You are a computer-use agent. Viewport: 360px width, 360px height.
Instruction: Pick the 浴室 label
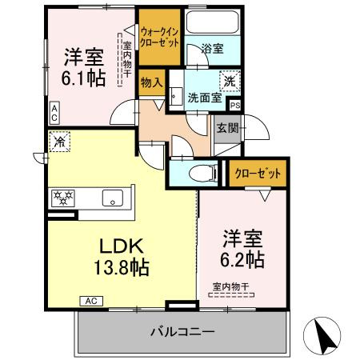(212, 49)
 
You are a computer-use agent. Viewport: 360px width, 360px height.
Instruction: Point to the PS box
(234, 105)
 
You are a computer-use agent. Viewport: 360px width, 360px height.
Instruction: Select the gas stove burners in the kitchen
(63, 196)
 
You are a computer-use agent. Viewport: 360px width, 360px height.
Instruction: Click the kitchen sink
(112, 197)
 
